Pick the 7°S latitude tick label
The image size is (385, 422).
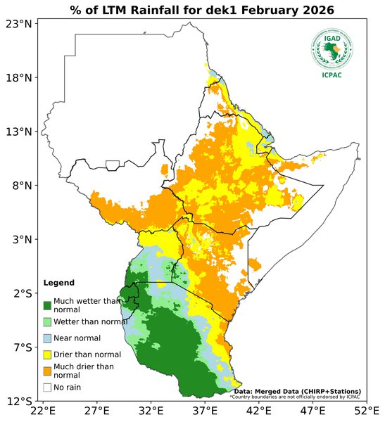(21, 347)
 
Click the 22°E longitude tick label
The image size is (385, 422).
(43, 411)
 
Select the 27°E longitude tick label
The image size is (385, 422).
(96, 411)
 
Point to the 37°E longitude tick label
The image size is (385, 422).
(204, 411)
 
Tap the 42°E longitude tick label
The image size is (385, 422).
(258, 411)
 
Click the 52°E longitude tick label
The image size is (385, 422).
(365, 411)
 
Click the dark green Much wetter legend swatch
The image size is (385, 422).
(47, 305)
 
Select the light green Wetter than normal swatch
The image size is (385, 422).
(47, 321)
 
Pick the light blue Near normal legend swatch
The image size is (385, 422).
(47, 338)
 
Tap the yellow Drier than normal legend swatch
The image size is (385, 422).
(47, 354)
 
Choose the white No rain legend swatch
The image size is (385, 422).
(47, 387)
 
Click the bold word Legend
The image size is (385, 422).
(58, 283)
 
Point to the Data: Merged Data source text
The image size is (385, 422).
(297, 391)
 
